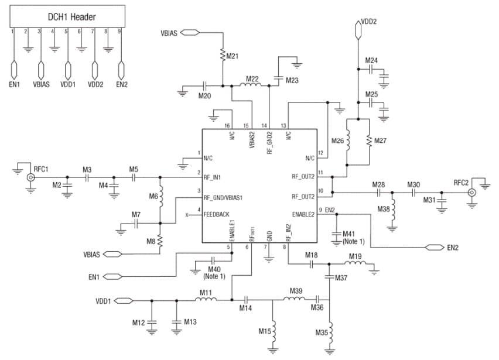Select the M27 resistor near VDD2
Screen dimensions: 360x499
pos(369,141)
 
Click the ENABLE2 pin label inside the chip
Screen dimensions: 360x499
pos(303,215)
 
